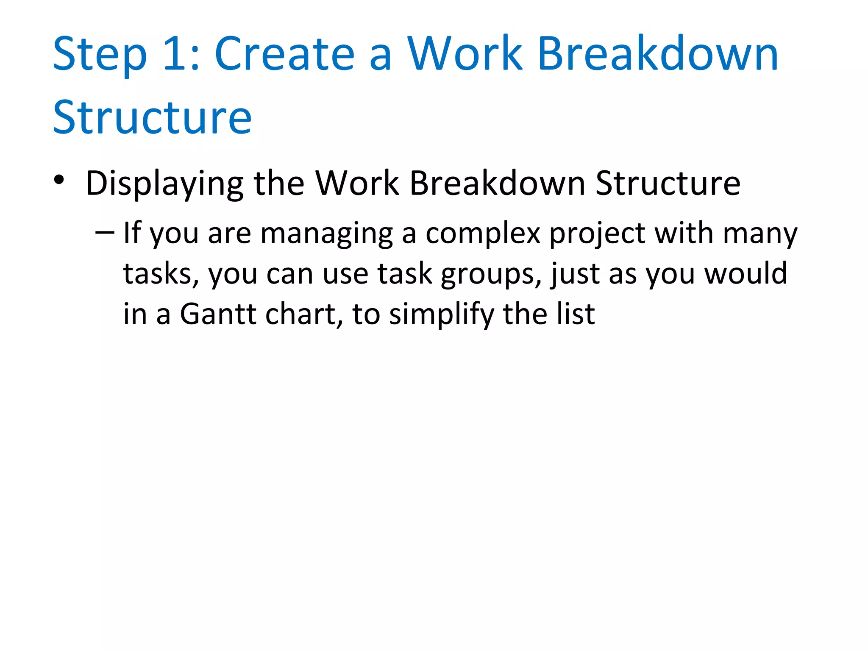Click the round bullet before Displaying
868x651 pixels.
tap(59, 180)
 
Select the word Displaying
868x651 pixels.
tap(164, 184)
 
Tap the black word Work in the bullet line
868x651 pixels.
tap(357, 183)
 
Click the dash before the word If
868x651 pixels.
tap(105, 232)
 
